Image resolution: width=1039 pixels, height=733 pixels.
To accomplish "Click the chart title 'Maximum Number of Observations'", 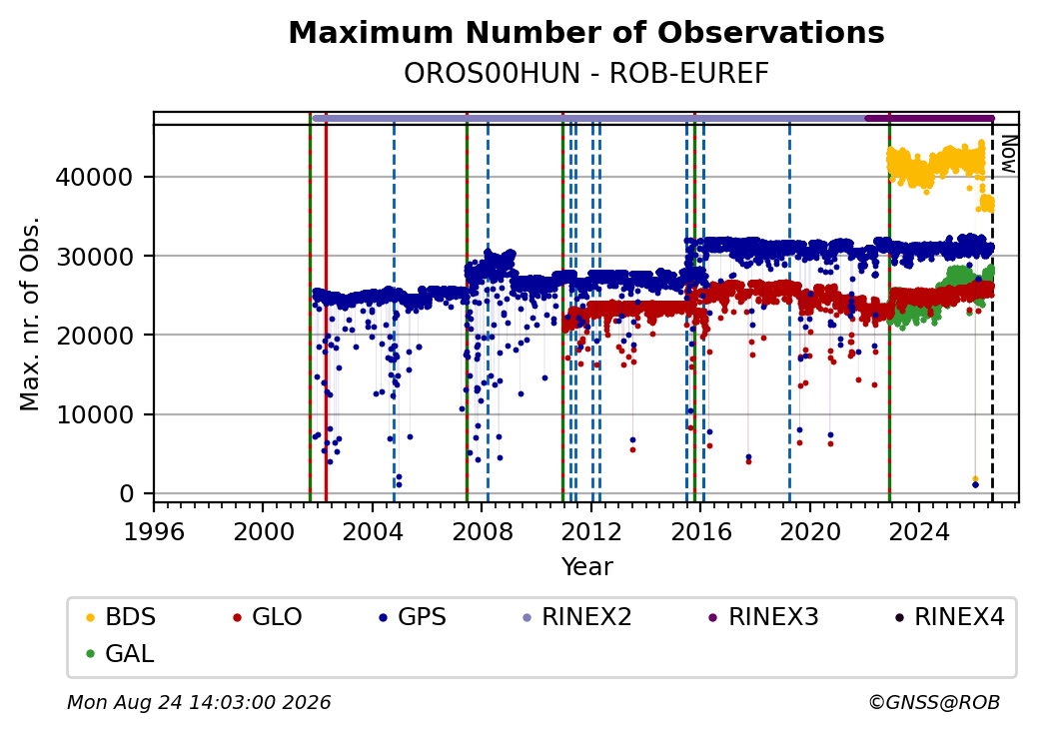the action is point(586,32).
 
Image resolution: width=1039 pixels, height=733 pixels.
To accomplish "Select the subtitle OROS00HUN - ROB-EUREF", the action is point(586,74).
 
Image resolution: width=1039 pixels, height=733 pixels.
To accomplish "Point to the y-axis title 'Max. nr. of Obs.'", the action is point(30,314).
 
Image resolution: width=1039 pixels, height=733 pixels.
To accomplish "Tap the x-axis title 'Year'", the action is point(587,567).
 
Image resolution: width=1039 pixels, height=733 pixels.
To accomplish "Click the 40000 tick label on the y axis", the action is point(95,178).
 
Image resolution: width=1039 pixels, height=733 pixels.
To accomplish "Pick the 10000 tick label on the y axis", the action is point(95,415).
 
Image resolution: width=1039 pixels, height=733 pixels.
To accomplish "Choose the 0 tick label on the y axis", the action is point(127,494).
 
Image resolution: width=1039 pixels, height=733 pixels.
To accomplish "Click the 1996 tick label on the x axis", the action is point(155,531).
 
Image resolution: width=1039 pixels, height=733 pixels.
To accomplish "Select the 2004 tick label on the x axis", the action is point(373,531).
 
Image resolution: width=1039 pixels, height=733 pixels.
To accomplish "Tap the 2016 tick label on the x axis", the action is point(701,531).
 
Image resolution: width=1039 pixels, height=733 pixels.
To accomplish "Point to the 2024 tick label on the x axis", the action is point(919,531).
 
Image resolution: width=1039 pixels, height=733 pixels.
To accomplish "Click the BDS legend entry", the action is point(121,617).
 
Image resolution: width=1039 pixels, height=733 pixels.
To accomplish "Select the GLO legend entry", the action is point(268,617).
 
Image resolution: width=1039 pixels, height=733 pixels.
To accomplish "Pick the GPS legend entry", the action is point(413,617).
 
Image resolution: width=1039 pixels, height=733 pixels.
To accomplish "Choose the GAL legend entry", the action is point(121,653).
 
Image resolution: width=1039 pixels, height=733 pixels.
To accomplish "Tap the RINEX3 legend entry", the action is point(764,617).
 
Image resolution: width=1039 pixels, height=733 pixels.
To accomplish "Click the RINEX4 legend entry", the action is point(950,617).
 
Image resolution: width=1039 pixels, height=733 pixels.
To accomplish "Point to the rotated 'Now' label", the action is point(1008,154).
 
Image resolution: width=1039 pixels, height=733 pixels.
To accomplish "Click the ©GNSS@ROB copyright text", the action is point(934,702).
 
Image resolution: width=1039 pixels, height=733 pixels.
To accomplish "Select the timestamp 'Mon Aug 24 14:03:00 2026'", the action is point(199,702).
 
